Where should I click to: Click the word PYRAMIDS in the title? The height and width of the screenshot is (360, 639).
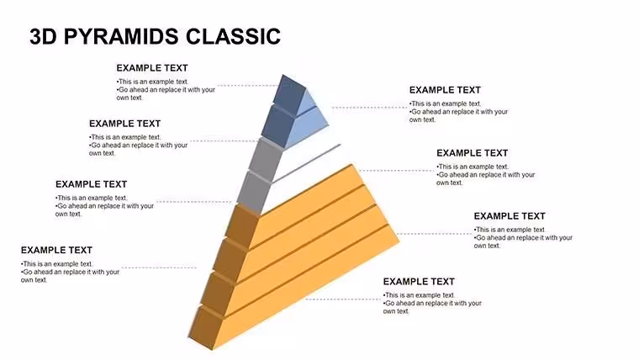coord(122,36)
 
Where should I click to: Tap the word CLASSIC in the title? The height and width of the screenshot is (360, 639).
coord(233,36)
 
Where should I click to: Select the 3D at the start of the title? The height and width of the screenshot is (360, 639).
coord(43,36)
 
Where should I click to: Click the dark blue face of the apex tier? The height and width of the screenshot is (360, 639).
coord(291,93)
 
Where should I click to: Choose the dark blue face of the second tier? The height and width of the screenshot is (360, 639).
coord(277,125)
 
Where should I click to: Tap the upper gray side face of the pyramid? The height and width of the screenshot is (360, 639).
coord(266,158)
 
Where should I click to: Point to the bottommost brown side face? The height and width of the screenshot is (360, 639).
coord(207,327)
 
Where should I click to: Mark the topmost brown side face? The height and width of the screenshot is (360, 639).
coord(242,226)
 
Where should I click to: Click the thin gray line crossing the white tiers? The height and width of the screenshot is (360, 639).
coord(306,163)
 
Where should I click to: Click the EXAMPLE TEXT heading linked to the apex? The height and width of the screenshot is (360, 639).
coord(152,68)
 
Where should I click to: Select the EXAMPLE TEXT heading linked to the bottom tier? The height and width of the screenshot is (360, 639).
coord(419,282)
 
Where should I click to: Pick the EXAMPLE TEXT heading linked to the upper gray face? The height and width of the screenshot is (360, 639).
coord(124,124)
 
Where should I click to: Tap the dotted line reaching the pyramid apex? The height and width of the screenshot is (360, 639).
coord(248,86)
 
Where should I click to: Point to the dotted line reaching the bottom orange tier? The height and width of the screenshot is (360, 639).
coord(343,299)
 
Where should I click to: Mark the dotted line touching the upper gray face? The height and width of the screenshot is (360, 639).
coord(224,141)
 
